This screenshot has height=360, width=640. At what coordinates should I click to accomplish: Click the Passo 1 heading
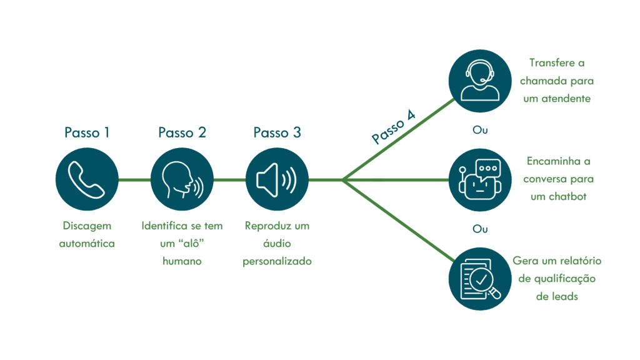[87, 132]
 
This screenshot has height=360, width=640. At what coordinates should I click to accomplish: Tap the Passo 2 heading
[182, 132]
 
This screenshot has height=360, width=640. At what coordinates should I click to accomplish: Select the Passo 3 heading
[277, 132]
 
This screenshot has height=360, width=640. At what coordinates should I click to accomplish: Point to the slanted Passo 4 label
[394, 127]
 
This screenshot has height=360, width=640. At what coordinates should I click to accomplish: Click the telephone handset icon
[86, 179]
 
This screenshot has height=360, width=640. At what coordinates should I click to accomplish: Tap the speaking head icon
[182, 179]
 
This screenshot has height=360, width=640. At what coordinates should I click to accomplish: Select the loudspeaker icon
[277, 179]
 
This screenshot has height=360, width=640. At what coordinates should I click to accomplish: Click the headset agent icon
[480, 81]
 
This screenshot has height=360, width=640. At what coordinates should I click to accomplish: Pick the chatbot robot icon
[480, 179]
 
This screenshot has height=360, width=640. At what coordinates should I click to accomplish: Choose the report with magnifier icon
[480, 279]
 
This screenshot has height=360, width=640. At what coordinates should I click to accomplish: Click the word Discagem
[87, 226]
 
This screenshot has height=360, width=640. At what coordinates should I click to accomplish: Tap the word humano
[182, 261]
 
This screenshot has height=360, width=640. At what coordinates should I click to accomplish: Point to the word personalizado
[277, 262]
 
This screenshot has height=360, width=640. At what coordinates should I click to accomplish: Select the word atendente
[566, 99]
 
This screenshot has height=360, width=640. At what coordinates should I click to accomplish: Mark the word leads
[565, 297]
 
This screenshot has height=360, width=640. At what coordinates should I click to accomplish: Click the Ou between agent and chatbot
[480, 130]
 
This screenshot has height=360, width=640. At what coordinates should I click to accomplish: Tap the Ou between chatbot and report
[480, 229]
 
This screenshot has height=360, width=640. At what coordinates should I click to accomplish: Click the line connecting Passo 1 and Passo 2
[134, 179]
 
